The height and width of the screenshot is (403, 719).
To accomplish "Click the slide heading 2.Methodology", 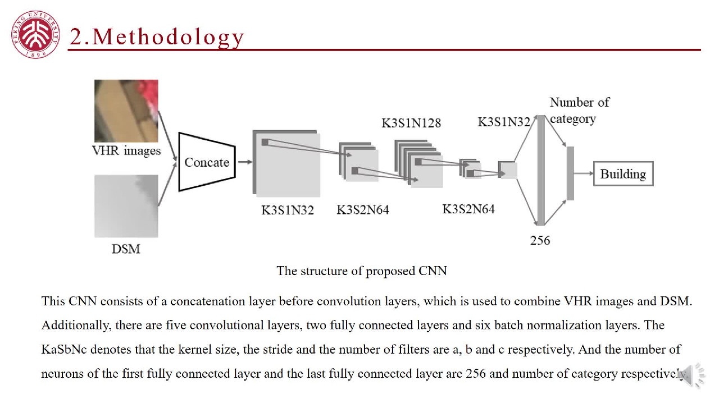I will [157, 37].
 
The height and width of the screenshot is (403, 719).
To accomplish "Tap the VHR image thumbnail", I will [126, 111].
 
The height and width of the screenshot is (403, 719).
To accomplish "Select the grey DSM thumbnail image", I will [126, 205].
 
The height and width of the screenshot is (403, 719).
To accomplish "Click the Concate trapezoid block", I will [207, 162].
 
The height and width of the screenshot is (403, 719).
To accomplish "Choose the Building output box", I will [623, 174].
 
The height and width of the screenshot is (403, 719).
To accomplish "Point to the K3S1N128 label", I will [411, 123].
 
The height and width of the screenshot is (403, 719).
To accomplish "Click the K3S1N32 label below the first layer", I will [287, 210].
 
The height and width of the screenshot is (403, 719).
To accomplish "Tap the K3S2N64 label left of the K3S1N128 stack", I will [362, 210].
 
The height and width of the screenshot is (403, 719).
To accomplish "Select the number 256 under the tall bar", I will [540, 240].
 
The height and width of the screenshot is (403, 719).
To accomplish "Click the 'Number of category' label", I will [579, 110].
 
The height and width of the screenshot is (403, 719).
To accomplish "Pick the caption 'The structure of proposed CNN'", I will [361, 271].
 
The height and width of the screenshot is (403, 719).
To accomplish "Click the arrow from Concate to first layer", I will [244, 162].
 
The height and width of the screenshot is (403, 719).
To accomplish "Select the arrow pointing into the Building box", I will [584, 174].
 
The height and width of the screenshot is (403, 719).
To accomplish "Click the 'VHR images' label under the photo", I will [126, 150].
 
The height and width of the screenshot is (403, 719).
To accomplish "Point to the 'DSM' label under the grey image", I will [126, 249].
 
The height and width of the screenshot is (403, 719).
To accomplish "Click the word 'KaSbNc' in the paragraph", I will [63, 350].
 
